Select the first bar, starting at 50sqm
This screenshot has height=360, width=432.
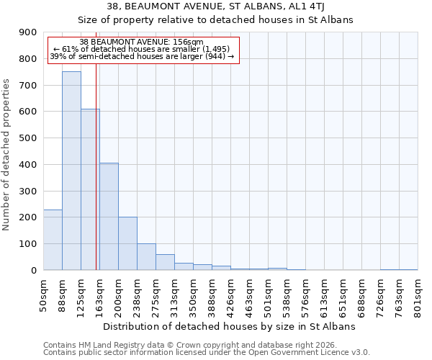[x=53, y=240]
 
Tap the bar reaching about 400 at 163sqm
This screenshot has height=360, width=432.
[x=109, y=216]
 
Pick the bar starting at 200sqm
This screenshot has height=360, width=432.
[x=127, y=243]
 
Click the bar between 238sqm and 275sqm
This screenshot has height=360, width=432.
[x=146, y=256]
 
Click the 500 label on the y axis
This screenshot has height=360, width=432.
[x=29, y=138]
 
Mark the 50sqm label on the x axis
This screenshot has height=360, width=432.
[x=44, y=291]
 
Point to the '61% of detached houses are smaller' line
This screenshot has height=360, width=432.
[x=141, y=49]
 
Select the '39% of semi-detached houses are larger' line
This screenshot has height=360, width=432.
[x=141, y=56]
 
